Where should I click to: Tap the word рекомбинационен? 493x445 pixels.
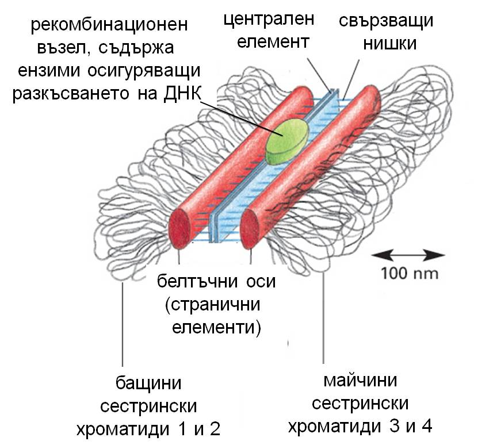coord(109,25)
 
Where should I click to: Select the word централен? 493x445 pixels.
coord(269,19)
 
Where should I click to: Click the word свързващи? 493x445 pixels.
coord(387,21)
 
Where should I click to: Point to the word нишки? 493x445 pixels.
coord(390,44)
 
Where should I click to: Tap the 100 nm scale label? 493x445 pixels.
coord(410,273)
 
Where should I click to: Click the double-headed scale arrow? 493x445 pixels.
coord(408,255)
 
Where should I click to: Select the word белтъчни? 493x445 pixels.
coord(199,281)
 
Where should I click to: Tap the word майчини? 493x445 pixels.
coord(360,381)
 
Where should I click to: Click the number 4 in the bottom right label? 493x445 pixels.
coord(427,427)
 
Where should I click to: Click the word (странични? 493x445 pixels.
coord(212,305)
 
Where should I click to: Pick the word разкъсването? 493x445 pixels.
coord(71,94)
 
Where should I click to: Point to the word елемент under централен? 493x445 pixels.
coord(273,43)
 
